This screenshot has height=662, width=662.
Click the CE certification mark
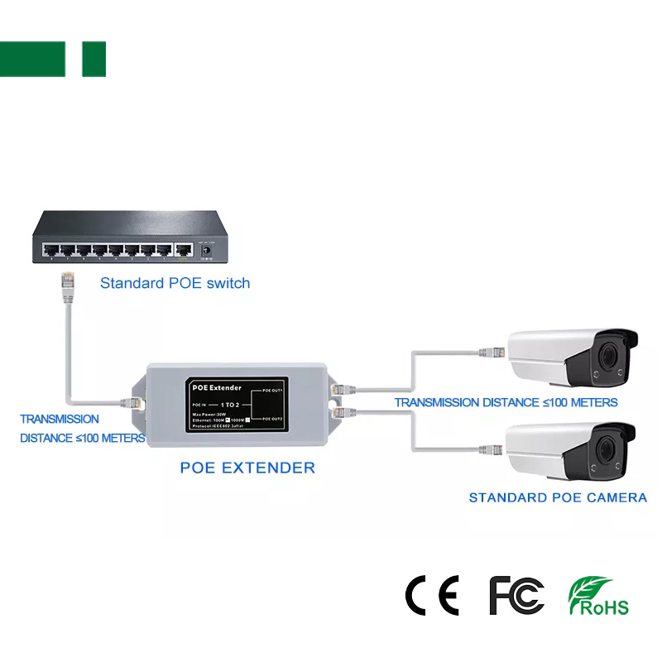(431, 595)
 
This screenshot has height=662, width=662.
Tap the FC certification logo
(516, 595)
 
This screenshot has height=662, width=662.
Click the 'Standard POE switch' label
(175, 283)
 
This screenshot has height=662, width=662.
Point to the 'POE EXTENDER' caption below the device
(247, 468)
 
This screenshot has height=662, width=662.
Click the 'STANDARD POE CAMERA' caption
(558, 497)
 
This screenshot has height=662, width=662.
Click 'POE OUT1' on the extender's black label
(272, 390)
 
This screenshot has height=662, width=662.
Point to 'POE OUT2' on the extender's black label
(272, 420)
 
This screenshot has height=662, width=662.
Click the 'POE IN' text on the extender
(199, 405)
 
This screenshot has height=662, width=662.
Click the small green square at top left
(94, 59)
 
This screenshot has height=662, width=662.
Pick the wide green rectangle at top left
(32, 59)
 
